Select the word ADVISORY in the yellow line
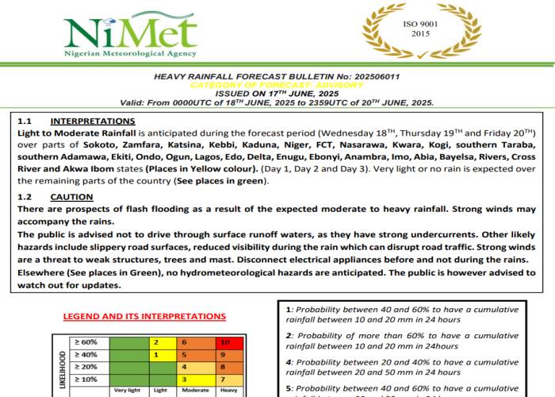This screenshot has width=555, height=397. coord(339,85)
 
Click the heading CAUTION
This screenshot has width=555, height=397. coord(71,197)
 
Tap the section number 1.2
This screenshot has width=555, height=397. coord(24,197)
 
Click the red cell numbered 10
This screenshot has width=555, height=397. coord(225,342)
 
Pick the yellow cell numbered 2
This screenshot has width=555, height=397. coord(157,342)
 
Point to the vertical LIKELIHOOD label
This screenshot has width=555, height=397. coord(63,369)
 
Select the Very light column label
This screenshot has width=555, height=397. coord(127,391)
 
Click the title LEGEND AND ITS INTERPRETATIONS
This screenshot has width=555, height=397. coord(144,317)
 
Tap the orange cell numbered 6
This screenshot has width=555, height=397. coord(184,342)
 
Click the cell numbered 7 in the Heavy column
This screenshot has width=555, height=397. coord(225,379)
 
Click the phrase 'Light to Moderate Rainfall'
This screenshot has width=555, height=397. coord(77,133)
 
